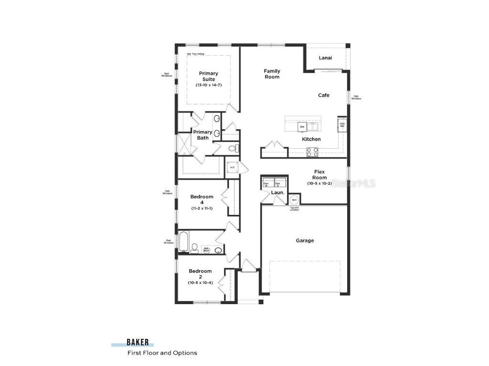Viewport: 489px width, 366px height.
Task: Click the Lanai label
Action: coord(325,58)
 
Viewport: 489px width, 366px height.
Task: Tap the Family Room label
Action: coord(272,74)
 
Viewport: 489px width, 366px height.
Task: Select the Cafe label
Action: coord(324,95)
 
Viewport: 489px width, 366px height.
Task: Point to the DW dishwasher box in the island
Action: coord(302,127)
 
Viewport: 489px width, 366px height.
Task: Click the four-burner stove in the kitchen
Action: coord(312,152)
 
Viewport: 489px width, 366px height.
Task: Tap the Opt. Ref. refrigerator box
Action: coord(342,125)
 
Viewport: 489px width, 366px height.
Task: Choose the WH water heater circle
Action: coord(294,200)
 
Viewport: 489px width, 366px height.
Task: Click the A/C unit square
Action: coord(233,168)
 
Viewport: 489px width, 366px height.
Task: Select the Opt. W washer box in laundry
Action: coord(267,183)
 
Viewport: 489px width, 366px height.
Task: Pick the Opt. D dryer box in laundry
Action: coord(280,183)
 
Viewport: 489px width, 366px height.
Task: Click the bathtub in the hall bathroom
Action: coord(184,242)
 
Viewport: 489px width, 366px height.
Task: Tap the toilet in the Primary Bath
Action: coord(233,148)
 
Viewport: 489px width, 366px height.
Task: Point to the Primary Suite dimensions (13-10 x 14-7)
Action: coord(208,85)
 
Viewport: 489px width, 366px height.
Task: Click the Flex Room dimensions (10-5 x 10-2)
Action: coord(319,183)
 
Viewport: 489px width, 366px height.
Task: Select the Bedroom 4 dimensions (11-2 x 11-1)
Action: coord(202,208)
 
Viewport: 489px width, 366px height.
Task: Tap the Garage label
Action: coord(305,241)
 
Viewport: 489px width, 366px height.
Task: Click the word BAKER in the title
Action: coord(138,342)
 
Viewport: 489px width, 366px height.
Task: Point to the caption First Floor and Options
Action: coord(162,353)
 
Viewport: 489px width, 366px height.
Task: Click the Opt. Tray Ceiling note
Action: coord(195,54)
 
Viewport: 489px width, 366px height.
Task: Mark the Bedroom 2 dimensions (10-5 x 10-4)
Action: coord(200,283)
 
